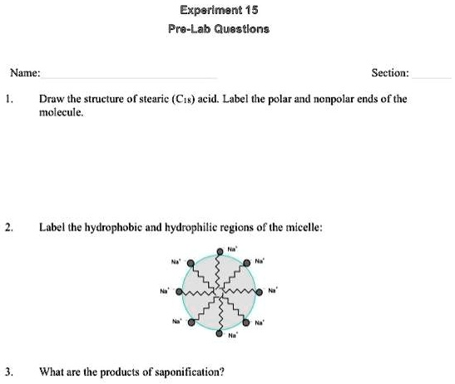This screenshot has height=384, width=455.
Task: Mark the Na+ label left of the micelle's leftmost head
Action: [165, 292]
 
